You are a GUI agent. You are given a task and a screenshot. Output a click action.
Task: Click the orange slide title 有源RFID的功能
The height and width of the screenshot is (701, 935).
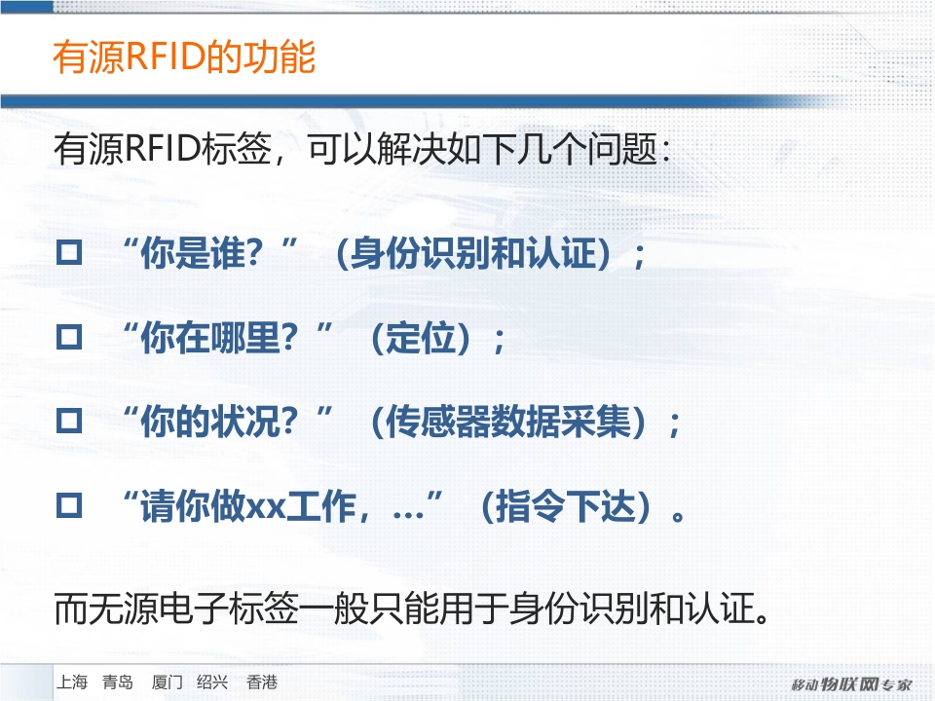tap(184, 57)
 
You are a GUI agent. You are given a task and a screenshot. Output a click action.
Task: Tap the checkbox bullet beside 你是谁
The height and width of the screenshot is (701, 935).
tap(69, 253)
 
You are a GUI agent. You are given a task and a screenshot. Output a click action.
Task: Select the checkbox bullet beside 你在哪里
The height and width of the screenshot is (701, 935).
tap(69, 338)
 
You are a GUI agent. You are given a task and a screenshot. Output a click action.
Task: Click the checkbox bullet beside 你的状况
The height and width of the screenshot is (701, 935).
tap(69, 421)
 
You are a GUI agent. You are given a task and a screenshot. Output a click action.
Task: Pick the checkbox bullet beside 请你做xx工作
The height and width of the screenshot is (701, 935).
tap(69, 505)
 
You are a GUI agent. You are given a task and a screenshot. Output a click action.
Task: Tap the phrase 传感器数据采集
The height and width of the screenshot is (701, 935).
tap(508, 422)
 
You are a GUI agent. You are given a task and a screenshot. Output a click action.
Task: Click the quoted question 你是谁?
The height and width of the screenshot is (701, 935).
tap(202, 253)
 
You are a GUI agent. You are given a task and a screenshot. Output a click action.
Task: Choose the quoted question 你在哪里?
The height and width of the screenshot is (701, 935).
tap(219, 338)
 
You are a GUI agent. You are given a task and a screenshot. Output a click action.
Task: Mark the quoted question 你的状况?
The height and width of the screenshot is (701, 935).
tap(219, 422)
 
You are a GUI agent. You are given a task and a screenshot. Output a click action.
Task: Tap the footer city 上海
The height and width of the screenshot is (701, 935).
tap(72, 682)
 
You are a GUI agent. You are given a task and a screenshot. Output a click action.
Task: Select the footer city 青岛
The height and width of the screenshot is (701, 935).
tap(118, 682)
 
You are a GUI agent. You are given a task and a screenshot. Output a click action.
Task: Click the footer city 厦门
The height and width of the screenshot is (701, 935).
tap(167, 682)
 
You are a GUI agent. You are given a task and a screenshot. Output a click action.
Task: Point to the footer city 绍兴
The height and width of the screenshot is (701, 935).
tap(212, 682)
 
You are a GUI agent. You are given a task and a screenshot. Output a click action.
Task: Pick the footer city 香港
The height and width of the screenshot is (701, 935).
tap(262, 682)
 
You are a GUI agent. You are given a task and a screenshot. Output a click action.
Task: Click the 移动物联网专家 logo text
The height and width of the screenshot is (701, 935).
tap(852, 684)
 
